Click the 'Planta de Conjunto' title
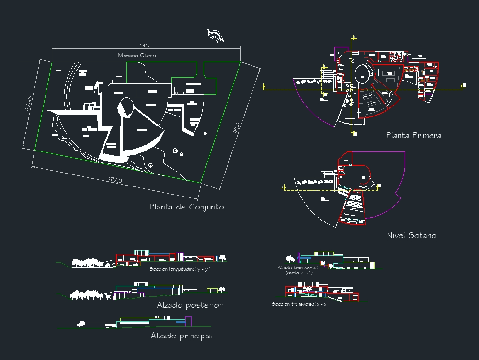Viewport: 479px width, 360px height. coord(186,207)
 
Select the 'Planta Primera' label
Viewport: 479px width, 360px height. coord(413,136)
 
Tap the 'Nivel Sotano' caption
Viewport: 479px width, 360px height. coord(411,236)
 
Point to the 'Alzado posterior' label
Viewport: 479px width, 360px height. coord(189,305)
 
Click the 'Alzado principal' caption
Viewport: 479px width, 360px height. coord(181,336)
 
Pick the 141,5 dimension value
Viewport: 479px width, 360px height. coord(146,46)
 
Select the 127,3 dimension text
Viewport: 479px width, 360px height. coord(115,180)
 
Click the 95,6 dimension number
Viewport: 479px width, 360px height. coord(237,130)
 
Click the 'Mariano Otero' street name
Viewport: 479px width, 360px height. coord(137,56)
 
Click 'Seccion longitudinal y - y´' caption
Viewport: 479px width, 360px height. coord(180,270)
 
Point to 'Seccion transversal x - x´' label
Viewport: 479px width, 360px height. coord(300,304)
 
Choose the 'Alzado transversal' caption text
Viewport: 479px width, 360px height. coord(297,268)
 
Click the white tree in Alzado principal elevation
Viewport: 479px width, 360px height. coord(82,325)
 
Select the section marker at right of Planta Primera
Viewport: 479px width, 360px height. coord(463,86)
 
